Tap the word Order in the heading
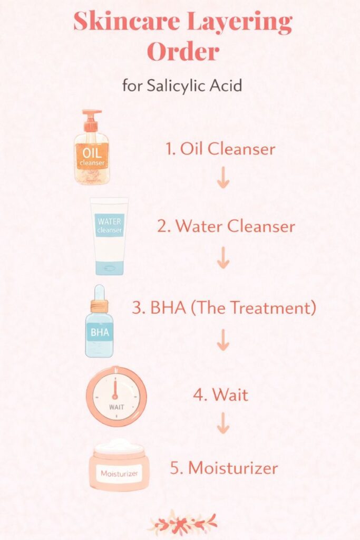[182, 52]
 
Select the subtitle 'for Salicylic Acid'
[182, 85]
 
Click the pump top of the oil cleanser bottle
[91, 119]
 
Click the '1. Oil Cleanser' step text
[220, 149]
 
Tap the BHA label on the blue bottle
[99, 332]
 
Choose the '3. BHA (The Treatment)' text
[224, 308]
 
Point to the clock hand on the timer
[115, 389]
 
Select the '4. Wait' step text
[220, 394]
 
